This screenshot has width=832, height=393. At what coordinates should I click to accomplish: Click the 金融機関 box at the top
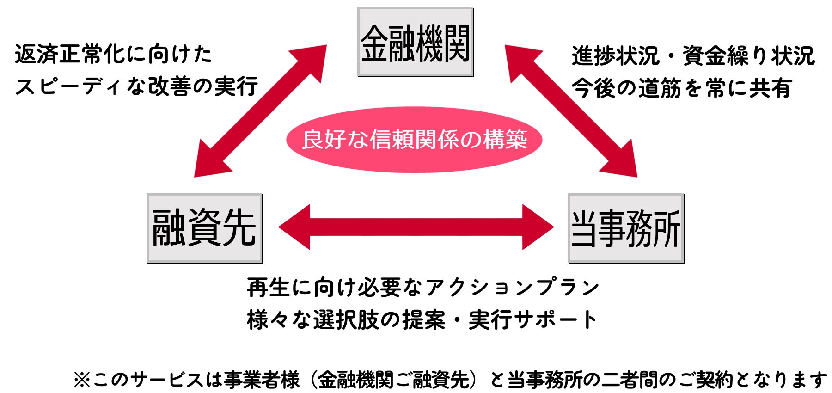tap(415, 42)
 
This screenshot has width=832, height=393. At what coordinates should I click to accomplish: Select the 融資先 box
tap(204, 228)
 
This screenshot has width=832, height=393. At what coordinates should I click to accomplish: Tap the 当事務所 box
tap(626, 228)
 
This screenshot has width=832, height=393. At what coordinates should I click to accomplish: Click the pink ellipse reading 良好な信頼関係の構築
tap(414, 140)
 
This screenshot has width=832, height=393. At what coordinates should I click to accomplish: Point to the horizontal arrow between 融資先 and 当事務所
tap(416, 227)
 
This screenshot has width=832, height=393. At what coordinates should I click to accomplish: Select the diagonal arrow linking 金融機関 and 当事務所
tap(571, 111)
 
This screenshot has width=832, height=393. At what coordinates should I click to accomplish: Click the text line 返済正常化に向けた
tap(113, 54)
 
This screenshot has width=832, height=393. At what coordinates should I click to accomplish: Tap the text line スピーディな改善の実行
tap(136, 86)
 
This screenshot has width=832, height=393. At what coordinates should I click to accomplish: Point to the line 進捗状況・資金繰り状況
tap(693, 56)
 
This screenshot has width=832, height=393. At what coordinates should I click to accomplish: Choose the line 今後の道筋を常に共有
tap(682, 88)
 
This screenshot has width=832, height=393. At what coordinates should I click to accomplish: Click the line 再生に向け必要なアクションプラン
tap(423, 288)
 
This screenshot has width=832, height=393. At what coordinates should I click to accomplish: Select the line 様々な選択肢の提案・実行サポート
tap(422, 319)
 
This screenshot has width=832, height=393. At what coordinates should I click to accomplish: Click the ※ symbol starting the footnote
tap(82, 380)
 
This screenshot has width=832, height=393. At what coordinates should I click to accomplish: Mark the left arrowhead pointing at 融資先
tap(294, 227)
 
